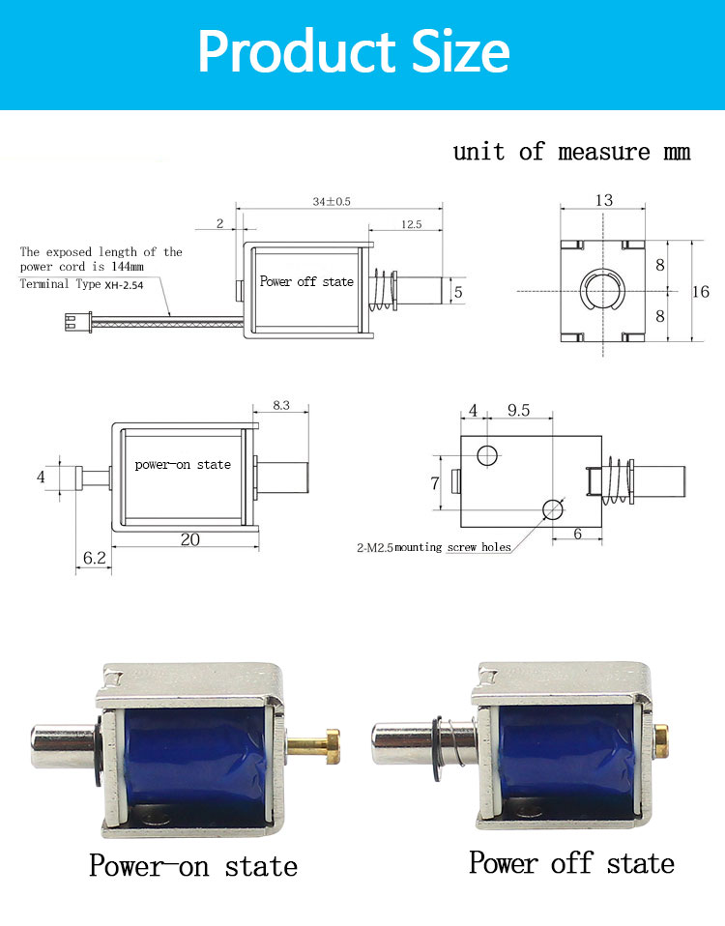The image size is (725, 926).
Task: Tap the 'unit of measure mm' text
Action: pyautogui.click(x=571, y=152)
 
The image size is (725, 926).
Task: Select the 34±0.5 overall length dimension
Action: pyautogui.click(x=332, y=202)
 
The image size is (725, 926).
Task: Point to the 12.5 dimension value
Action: pyautogui.click(x=409, y=224)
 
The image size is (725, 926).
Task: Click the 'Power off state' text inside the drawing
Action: pyautogui.click(x=306, y=281)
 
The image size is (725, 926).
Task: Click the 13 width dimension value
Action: pyautogui.click(x=603, y=200)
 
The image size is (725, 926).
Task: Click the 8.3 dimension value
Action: pyautogui.click(x=280, y=406)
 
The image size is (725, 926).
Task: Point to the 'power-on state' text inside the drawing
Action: pyautogui.click(x=183, y=465)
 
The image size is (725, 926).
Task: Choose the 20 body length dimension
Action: pyautogui.click(x=189, y=539)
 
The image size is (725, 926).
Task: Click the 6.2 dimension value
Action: pyautogui.click(x=94, y=559)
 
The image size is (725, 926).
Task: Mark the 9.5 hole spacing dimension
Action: pyautogui.click(x=518, y=410)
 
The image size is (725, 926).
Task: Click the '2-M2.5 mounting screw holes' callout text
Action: pyautogui.click(x=432, y=547)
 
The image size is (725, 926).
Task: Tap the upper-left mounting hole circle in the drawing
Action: pyautogui.click(x=489, y=453)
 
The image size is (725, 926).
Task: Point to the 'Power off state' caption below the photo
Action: pyautogui.click(x=571, y=862)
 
